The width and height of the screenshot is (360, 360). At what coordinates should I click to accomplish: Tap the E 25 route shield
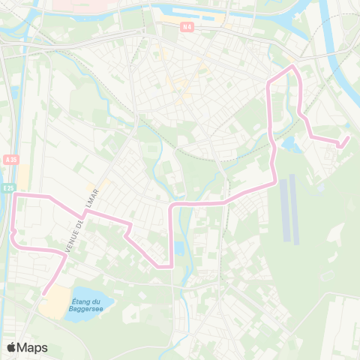(x=7, y=188)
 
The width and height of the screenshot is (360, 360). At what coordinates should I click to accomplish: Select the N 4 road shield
(x=187, y=27)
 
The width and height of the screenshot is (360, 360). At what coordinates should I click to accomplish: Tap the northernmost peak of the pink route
(x=292, y=67)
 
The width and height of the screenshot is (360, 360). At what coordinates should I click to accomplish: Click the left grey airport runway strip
(x=284, y=208)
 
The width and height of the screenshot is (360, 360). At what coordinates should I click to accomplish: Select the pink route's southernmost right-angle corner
(x=172, y=265)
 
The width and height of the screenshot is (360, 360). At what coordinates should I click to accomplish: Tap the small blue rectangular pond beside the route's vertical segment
(x=178, y=248)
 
